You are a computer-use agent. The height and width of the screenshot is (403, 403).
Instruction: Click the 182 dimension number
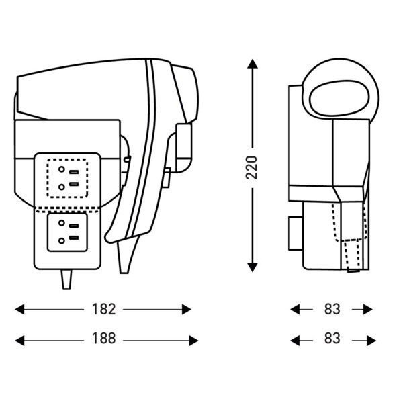(x=104, y=309)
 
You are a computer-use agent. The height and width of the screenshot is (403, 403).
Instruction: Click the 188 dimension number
(x=104, y=339)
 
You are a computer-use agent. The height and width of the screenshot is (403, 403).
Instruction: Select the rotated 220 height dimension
(x=252, y=167)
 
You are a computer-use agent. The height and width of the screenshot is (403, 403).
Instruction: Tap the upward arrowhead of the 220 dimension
(x=253, y=64)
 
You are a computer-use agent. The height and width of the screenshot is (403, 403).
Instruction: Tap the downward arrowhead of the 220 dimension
(x=253, y=267)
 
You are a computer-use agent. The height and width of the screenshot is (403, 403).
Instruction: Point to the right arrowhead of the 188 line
(x=194, y=341)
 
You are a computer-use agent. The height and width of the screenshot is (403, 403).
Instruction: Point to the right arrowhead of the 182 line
(x=187, y=309)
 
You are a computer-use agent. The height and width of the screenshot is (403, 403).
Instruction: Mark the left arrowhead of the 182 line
(x=19, y=309)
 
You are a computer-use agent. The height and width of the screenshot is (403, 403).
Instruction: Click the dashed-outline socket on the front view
(x=67, y=179)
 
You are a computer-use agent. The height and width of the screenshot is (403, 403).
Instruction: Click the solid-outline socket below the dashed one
(x=67, y=232)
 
